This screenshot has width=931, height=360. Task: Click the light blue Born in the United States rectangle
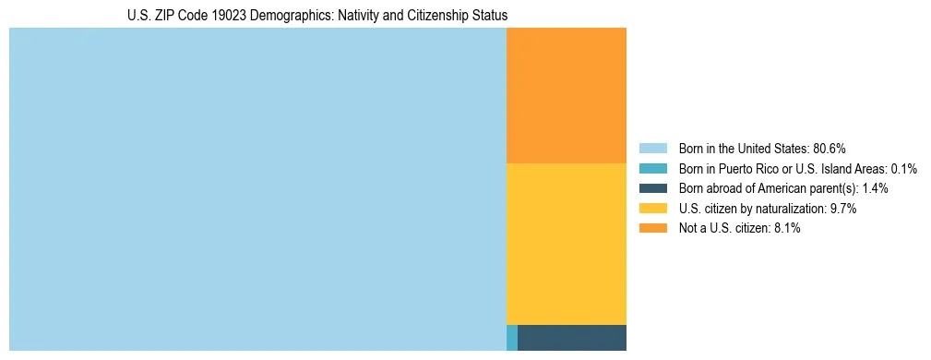click(257, 189)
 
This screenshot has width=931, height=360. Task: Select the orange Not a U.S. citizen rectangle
click(567, 95)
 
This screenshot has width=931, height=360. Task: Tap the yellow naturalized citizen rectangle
click(567, 244)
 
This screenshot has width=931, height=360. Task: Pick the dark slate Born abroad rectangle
click(572, 338)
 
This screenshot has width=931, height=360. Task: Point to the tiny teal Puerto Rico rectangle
click(512, 338)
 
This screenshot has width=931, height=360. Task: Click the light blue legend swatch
click(652, 149)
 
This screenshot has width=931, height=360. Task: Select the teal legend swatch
click(652, 169)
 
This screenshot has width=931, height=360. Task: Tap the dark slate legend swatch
click(652, 188)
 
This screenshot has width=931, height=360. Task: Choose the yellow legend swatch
click(652, 209)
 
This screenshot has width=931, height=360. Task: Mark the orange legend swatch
click(652, 229)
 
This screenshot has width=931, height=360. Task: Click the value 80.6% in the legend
click(830, 149)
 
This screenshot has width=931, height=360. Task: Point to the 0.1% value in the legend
click(904, 169)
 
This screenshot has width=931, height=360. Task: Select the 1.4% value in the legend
click(876, 188)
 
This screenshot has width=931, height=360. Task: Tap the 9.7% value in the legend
click(843, 209)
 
